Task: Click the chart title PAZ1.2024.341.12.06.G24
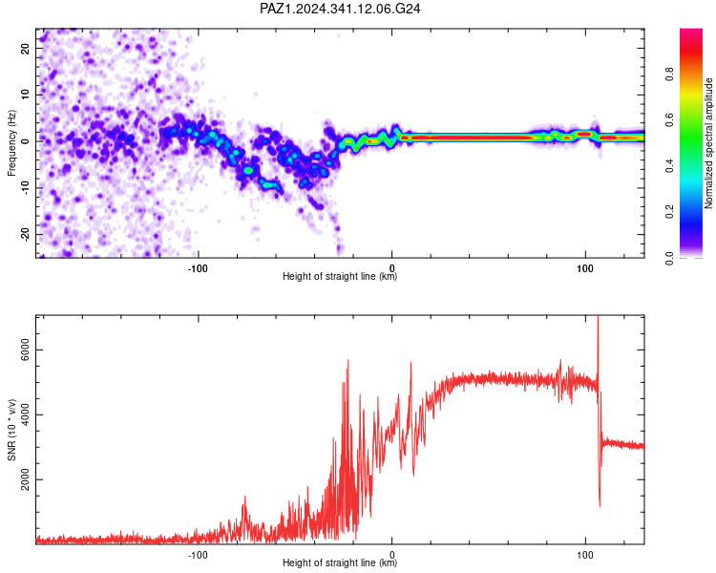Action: click(340, 9)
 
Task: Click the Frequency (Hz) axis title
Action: click(11, 143)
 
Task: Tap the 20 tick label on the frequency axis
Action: click(25, 49)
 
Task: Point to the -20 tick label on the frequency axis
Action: click(25, 234)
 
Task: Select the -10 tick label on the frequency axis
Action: click(25, 187)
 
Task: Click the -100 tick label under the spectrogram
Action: click(198, 268)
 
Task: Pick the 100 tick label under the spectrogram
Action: click(585, 268)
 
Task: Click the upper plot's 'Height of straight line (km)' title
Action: click(340, 276)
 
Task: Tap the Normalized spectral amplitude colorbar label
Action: click(708, 143)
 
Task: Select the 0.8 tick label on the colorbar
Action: click(669, 74)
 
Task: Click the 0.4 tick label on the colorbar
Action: click(669, 166)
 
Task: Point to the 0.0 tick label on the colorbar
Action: click(669, 258)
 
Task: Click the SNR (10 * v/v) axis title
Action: click(11, 430)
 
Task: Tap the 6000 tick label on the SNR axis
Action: click(25, 350)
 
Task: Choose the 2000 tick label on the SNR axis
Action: click(25, 479)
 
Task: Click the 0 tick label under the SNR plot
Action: click(391, 555)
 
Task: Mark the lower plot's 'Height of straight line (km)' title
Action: click(340, 562)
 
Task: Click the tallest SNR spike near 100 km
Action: click(599, 317)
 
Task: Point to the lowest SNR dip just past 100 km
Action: click(600, 505)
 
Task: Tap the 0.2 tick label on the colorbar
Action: click(669, 212)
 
